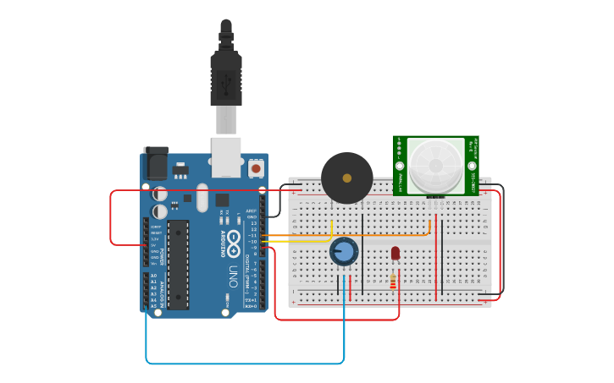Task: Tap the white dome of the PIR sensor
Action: pyautogui.click(x=435, y=166)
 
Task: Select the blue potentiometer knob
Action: pyautogui.click(x=344, y=251)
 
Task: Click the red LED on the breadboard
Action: pyautogui.click(x=396, y=253)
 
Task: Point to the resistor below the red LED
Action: pyautogui.click(x=394, y=281)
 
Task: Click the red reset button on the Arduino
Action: pyautogui.click(x=255, y=168)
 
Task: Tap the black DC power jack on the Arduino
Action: pyautogui.click(x=156, y=162)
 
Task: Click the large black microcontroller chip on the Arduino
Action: pyautogui.click(x=178, y=264)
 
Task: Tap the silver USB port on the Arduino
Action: pyautogui.click(x=226, y=157)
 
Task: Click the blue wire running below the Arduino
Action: pyautogui.click(x=246, y=364)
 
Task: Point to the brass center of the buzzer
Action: pyautogui.click(x=346, y=178)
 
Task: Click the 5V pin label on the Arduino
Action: pyautogui.click(x=155, y=245)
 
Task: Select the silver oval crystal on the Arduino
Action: pyautogui.click(x=202, y=198)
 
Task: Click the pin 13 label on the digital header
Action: pyautogui.click(x=254, y=223)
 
